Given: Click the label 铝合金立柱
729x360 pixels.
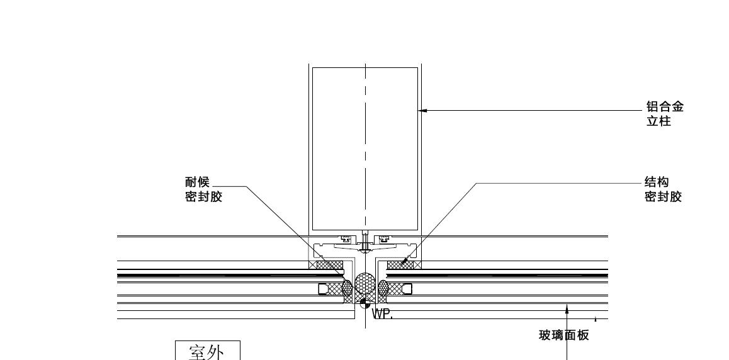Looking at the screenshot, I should (665, 114).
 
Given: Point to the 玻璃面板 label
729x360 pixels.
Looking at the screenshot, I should (560, 335).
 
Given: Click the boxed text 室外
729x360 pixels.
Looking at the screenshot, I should (207, 351).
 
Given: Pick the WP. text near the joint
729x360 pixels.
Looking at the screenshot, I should (383, 313).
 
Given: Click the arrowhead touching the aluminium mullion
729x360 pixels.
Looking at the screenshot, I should (423, 111).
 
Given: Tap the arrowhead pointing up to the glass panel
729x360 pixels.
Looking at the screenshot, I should (567, 308).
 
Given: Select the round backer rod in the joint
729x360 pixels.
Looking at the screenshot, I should (364, 284).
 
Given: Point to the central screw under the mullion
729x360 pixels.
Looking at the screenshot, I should (365, 242).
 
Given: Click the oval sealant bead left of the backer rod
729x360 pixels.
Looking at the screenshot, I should (347, 288).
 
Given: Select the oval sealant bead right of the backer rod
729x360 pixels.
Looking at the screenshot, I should (383, 288).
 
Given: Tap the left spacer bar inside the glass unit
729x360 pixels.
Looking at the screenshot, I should (324, 289).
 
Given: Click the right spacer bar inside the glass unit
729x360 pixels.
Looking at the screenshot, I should (406, 289).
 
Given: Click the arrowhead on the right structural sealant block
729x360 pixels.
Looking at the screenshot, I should (405, 259).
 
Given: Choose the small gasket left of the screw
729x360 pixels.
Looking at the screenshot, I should (344, 239).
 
